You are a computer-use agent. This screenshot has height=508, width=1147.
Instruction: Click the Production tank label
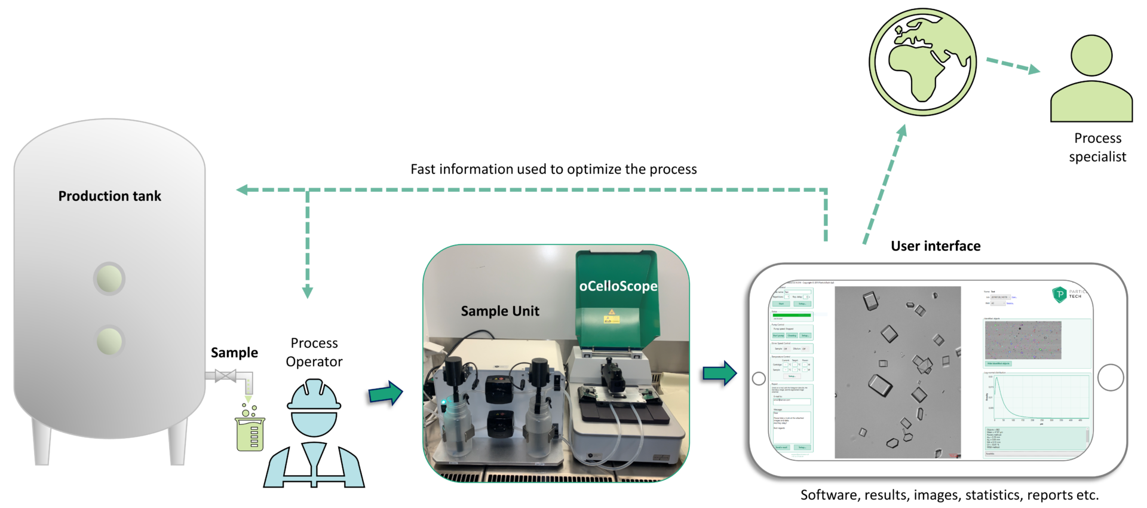coord(109,196)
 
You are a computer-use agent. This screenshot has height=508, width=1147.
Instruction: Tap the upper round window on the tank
coord(109,279)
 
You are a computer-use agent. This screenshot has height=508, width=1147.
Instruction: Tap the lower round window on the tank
coord(109,341)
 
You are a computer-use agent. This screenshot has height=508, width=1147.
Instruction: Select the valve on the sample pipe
coord(225,376)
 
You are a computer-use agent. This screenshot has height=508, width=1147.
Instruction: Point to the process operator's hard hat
coord(314,395)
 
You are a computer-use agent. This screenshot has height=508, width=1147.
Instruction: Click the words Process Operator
coord(314,352)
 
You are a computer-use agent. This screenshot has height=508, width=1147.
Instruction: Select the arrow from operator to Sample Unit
coord(386,394)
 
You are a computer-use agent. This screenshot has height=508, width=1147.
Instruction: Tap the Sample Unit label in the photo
coord(500,311)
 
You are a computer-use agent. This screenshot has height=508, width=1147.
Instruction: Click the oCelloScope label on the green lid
coord(618,286)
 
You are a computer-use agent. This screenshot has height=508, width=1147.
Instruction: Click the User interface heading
coord(936,246)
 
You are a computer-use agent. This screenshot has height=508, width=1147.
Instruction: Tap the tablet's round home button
coord(1111,377)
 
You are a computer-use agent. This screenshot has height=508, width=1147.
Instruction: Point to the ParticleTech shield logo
coord(1059,294)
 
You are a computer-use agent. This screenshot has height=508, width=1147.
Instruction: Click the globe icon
coord(922,62)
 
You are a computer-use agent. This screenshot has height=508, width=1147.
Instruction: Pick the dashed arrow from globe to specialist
coord(1013,65)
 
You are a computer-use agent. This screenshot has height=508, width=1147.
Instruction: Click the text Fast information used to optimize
coord(553,170)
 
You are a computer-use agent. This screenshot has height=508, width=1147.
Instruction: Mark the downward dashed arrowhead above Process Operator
coord(308,292)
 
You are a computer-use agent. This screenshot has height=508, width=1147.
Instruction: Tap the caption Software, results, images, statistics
coord(949,495)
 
